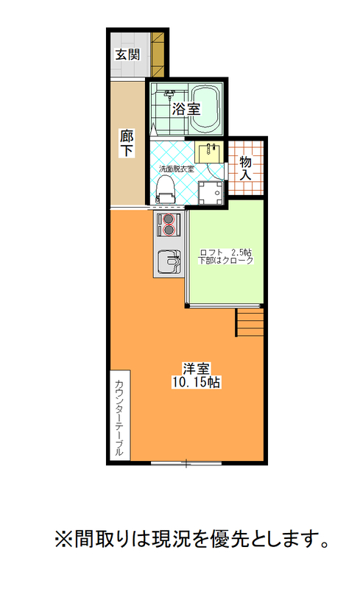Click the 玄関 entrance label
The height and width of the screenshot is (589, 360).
point(127,54)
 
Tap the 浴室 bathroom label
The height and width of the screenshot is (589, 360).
point(186,109)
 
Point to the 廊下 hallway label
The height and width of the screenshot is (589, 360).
point(127,143)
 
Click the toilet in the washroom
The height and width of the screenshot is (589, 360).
point(166,190)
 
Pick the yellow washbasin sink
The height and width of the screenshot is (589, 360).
point(209,152)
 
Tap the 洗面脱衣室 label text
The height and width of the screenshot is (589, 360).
point(176,169)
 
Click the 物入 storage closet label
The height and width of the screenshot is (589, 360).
point(245,168)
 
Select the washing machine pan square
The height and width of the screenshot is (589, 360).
point(211,193)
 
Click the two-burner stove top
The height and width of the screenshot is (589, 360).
point(169,225)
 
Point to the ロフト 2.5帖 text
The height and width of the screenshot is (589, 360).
point(225,253)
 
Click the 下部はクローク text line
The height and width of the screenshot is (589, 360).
point(226,261)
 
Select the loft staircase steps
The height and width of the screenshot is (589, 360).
point(250,322)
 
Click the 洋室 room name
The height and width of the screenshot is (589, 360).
point(196,368)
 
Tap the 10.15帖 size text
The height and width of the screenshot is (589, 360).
point(196,382)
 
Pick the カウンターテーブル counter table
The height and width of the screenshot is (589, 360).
point(120,415)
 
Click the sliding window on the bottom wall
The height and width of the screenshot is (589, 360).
point(186,463)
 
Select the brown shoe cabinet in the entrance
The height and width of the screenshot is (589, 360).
point(158,54)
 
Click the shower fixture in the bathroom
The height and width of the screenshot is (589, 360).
point(170,94)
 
